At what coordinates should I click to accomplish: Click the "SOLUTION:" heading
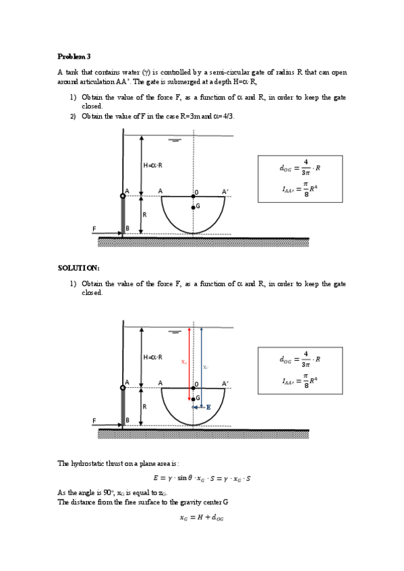click(x=79, y=269)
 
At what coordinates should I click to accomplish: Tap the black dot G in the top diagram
click(x=193, y=207)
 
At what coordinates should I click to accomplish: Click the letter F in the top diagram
click(x=94, y=228)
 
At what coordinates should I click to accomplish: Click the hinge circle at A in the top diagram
click(x=123, y=196)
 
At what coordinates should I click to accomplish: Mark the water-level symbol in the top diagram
click(x=176, y=141)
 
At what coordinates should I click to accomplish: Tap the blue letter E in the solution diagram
click(x=208, y=407)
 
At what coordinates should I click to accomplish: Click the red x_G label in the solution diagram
click(x=183, y=362)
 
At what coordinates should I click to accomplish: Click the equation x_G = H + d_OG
click(x=202, y=518)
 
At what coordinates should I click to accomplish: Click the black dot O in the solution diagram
click(x=194, y=389)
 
